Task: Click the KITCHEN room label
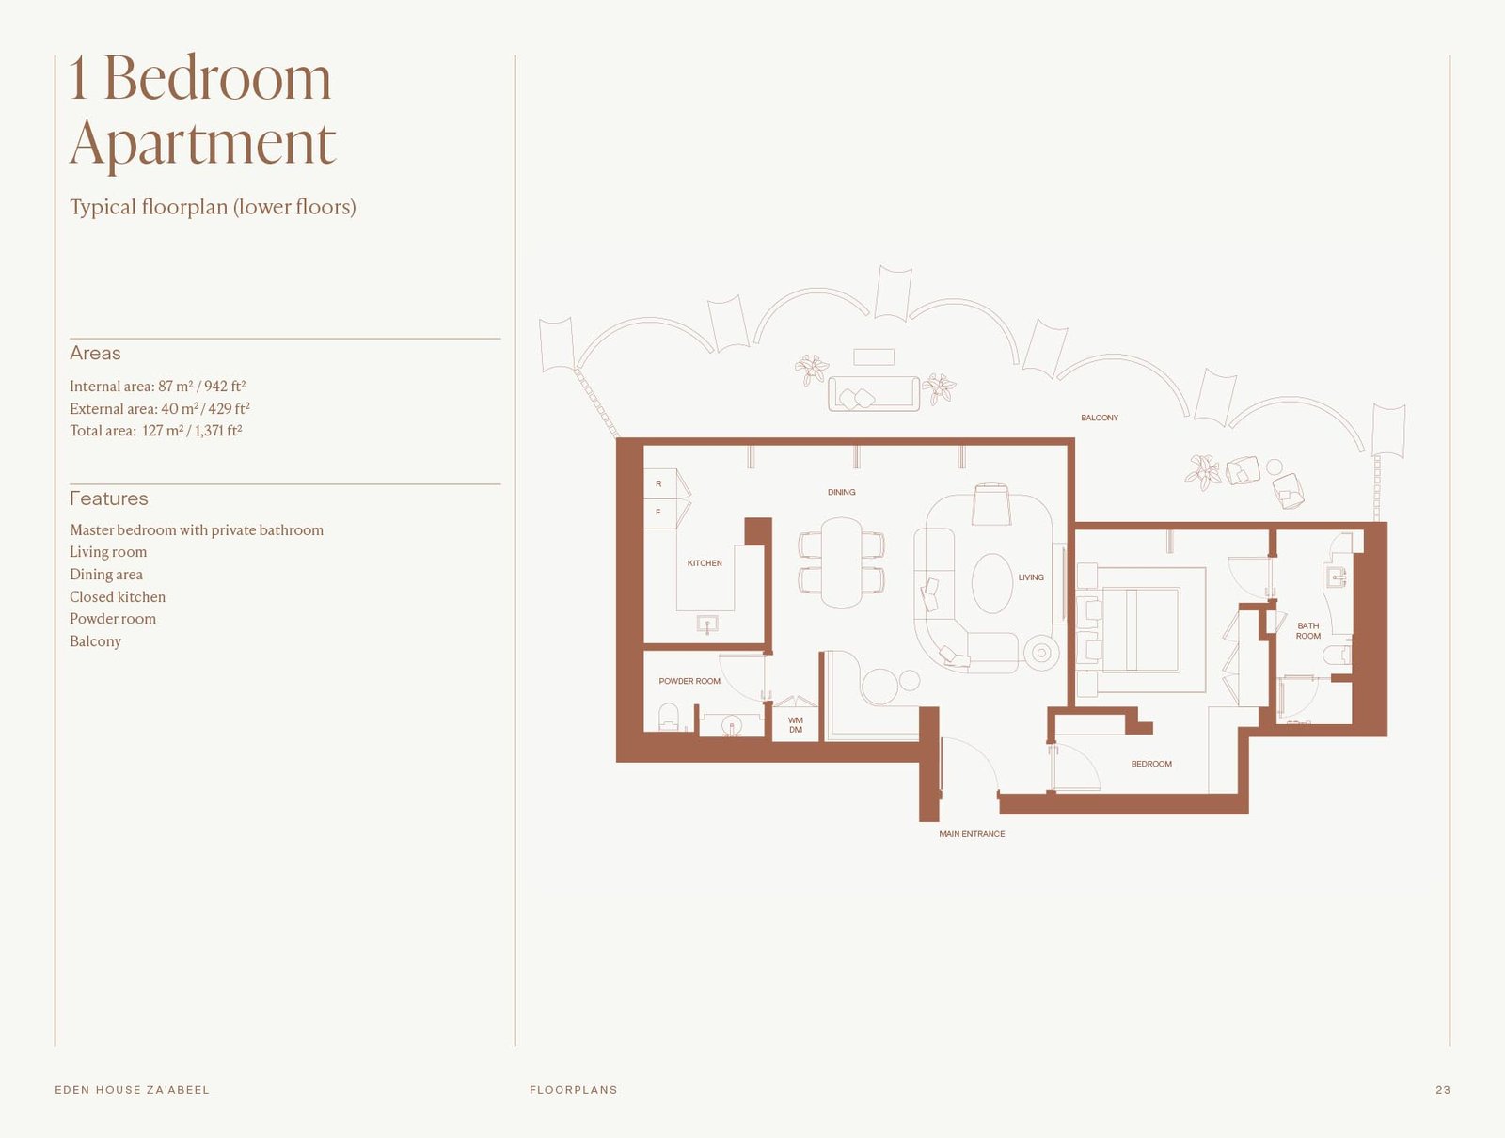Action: pyautogui.click(x=705, y=563)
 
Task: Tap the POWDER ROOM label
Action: pyautogui.click(x=689, y=681)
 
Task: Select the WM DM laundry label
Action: pyautogui.click(x=796, y=725)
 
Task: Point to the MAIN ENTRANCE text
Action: pyautogui.click(x=972, y=834)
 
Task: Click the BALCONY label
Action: pyautogui.click(x=1099, y=418)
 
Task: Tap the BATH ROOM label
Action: pyautogui.click(x=1307, y=631)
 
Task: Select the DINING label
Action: pyautogui.click(x=841, y=492)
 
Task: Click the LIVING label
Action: pyautogui.click(x=1031, y=577)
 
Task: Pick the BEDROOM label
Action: pyautogui.click(x=1151, y=764)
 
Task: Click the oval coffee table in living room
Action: pyautogui.click(x=991, y=583)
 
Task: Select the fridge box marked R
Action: pyautogui.click(x=658, y=483)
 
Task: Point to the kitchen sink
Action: pyautogui.click(x=707, y=624)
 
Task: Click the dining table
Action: pyautogui.click(x=841, y=562)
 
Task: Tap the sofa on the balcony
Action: pyautogui.click(x=873, y=393)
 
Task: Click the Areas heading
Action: pyautogui.click(x=95, y=353)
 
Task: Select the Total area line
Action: pyautogui.click(x=155, y=431)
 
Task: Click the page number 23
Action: pyautogui.click(x=1443, y=1090)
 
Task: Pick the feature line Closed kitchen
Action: pyautogui.click(x=118, y=596)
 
